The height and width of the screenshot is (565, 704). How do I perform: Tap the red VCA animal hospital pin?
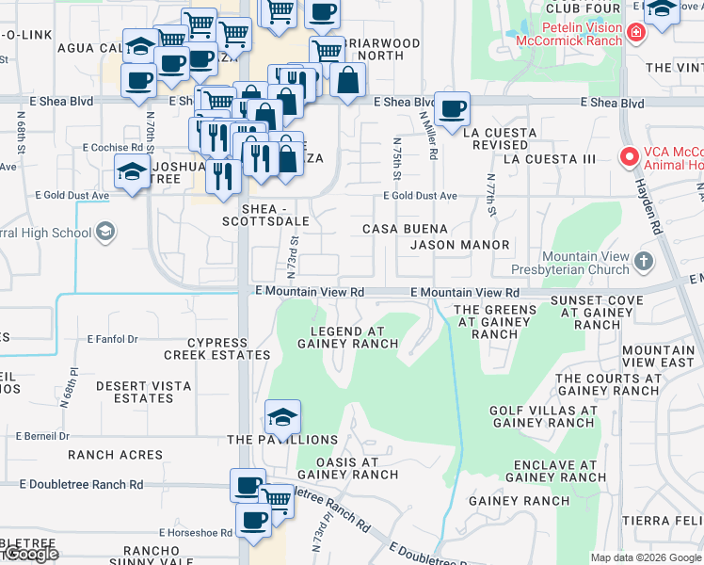[627, 157]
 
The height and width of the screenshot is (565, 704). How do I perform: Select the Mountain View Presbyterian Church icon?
[643, 260]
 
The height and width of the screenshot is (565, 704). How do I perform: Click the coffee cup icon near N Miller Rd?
[454, 109]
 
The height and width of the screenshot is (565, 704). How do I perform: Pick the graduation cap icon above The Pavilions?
[281, 415]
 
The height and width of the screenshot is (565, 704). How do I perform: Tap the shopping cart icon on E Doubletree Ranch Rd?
[276, 497]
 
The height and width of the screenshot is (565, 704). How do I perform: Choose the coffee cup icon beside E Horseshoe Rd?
[253, 519]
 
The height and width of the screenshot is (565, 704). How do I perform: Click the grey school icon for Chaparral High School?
[105, 233]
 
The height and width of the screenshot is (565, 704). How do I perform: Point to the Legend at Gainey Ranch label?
[348, 337]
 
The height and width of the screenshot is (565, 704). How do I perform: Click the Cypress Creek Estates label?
[216, 348]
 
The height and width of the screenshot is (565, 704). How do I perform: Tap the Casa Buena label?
[399, 229]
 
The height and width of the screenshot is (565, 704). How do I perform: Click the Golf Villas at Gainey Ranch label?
[542, 416]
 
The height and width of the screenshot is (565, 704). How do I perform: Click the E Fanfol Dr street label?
[112, 339]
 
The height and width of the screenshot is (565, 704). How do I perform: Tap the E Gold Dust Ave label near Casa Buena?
[419, 196]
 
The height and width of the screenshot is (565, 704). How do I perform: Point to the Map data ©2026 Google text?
[645, 557]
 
